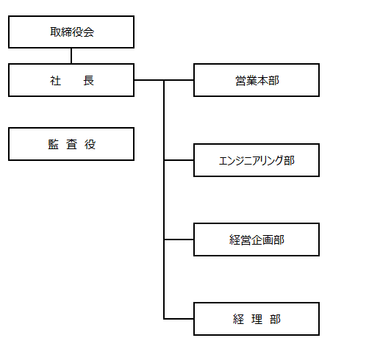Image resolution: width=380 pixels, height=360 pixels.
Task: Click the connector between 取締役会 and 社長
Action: (71, 56)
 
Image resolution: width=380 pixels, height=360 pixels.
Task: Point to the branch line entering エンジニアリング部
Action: (179, 160)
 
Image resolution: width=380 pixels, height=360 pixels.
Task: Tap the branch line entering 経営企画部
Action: (179, 240)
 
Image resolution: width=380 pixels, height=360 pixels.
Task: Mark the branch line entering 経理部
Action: (179, 319)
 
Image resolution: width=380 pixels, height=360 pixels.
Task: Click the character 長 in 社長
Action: (88, 81)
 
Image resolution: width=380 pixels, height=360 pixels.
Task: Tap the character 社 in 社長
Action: (55, 81)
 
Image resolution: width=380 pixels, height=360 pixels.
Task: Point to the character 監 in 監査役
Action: (54, 144)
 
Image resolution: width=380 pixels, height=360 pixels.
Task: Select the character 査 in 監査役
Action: (72, 144)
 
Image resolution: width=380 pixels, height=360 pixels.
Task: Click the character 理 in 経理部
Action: (257, 320)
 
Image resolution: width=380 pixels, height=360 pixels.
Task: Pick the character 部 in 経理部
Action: (275, 320)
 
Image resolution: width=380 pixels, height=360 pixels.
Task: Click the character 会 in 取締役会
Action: (88, 32)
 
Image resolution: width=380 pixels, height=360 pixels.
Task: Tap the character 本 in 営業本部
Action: (262, 81)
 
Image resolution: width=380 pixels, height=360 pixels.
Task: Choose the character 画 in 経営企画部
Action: (268, 240)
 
